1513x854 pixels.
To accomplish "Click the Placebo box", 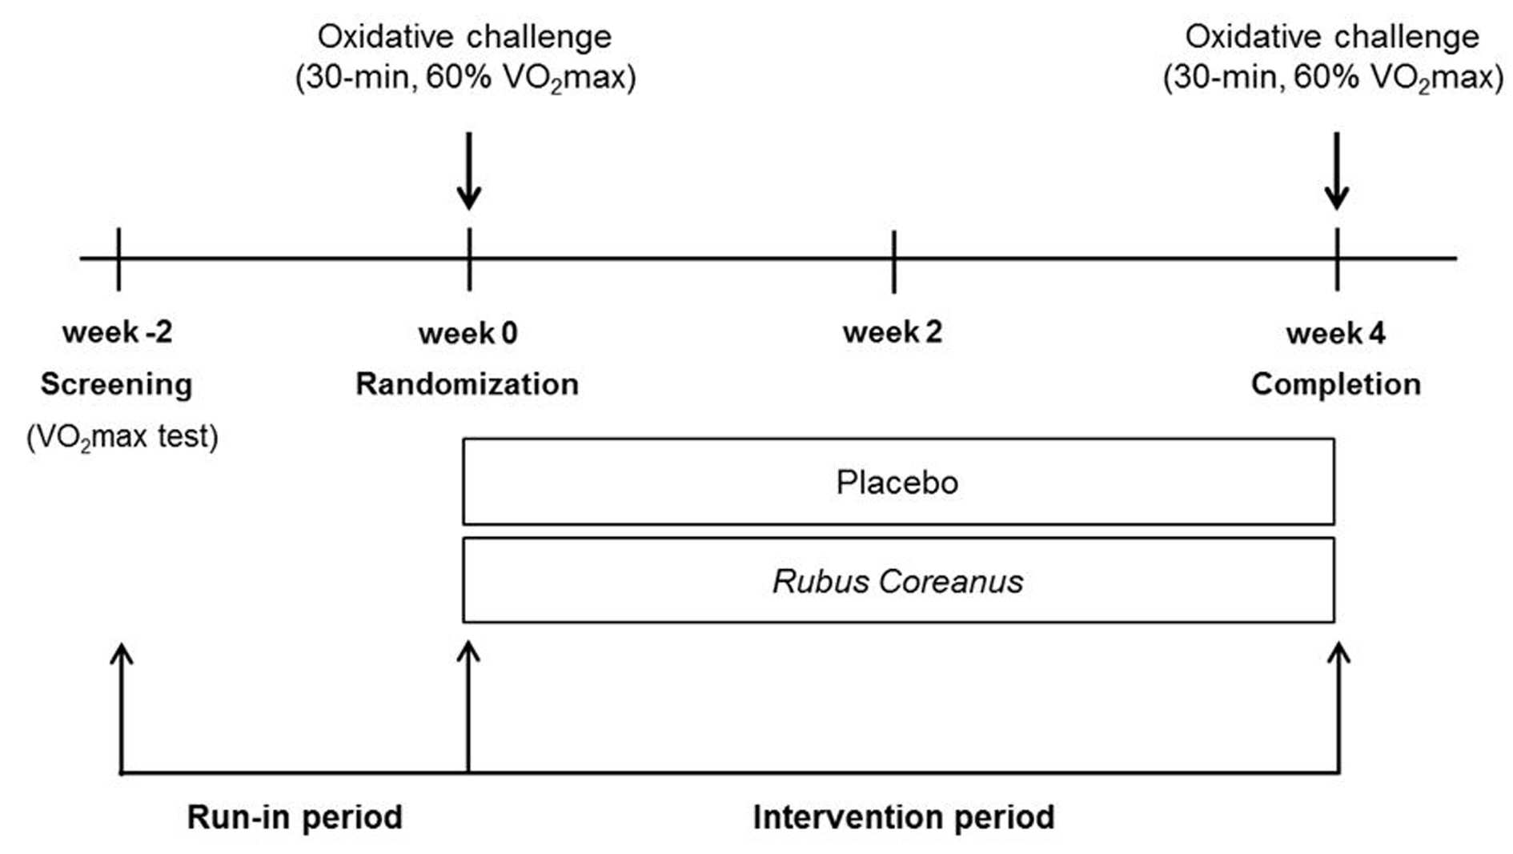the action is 898,482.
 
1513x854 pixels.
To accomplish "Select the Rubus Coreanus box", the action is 898,580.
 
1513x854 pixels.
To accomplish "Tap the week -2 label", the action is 118,332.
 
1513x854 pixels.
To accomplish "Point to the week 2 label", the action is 893,332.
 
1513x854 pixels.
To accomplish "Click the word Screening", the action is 117,385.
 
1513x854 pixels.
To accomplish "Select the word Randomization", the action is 468,384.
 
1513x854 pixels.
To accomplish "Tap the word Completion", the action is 1336,385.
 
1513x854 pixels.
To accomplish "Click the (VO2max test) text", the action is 122,437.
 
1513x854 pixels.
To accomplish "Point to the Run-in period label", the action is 295,817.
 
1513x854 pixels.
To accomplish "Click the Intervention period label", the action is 904,817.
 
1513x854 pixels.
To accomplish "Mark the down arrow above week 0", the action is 469,171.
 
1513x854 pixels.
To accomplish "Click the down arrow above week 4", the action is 1337,171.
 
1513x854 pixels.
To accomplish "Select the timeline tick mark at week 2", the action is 893,261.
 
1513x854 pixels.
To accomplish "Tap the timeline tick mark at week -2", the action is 118,259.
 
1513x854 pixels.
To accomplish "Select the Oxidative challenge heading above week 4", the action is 1333,37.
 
